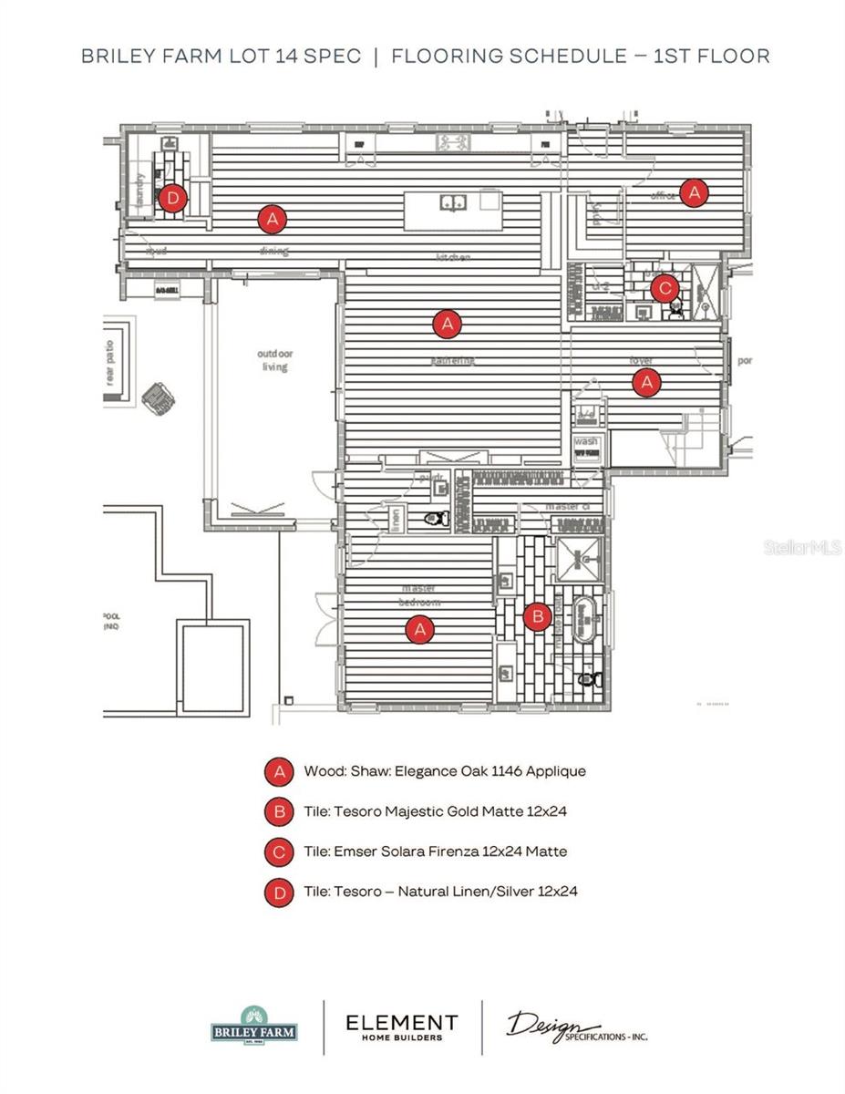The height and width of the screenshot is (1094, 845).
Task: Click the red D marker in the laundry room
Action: (172, 197)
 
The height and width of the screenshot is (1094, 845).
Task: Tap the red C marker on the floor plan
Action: (665, 288)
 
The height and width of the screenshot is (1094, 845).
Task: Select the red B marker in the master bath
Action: (538, 617)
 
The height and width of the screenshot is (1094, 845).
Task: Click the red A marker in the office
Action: (695, 191)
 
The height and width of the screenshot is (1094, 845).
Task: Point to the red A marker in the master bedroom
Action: (419, 629)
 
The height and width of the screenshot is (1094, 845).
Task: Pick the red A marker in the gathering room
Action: (447, 323)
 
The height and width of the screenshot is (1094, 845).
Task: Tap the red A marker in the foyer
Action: (646, 383)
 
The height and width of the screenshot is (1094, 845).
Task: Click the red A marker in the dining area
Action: (272, 219)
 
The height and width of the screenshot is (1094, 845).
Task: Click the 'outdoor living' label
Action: (274, 360)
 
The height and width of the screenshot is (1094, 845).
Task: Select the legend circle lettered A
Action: (278, 771)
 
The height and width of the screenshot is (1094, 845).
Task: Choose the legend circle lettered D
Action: (278, 892)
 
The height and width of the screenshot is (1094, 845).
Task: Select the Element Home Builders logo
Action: (401, 1027)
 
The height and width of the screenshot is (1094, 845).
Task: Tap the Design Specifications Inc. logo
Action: (576, 1027)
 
